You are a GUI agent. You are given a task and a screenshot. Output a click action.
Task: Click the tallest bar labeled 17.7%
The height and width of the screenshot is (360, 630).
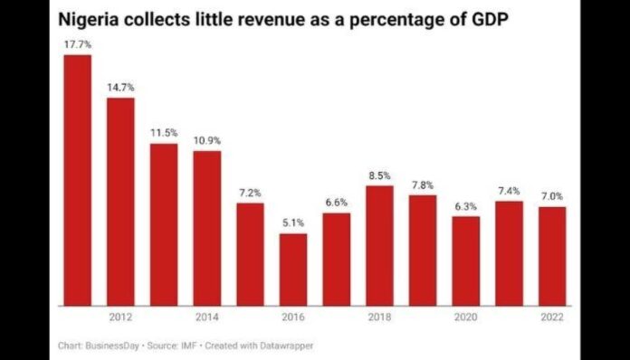coord(77,181)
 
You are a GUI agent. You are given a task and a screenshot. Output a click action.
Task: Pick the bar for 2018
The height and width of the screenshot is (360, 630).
coord(379,245)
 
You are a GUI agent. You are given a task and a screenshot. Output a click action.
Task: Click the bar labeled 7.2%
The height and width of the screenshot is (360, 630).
coord(250,254)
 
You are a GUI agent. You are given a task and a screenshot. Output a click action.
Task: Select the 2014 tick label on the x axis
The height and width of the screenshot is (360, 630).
coord(207,317)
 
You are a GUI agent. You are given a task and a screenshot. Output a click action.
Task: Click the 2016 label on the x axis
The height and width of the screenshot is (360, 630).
coord(293,317)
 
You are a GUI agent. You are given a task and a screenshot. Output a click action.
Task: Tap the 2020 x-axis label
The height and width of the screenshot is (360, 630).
coord(465,317)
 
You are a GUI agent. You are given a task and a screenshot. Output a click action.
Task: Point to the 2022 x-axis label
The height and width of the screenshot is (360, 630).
coord(552,317)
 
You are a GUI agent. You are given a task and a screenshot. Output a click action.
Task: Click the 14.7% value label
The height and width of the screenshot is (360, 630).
coord(120,87)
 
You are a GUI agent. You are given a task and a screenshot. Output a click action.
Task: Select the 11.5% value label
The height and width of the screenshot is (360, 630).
coord(164,133)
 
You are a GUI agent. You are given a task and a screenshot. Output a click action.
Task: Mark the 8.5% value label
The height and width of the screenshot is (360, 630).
coord(379,175)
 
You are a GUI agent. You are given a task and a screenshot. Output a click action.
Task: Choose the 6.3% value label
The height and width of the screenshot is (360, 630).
coord(465,206)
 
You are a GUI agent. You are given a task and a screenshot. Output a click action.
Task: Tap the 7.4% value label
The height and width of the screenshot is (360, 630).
coord(509,191)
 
